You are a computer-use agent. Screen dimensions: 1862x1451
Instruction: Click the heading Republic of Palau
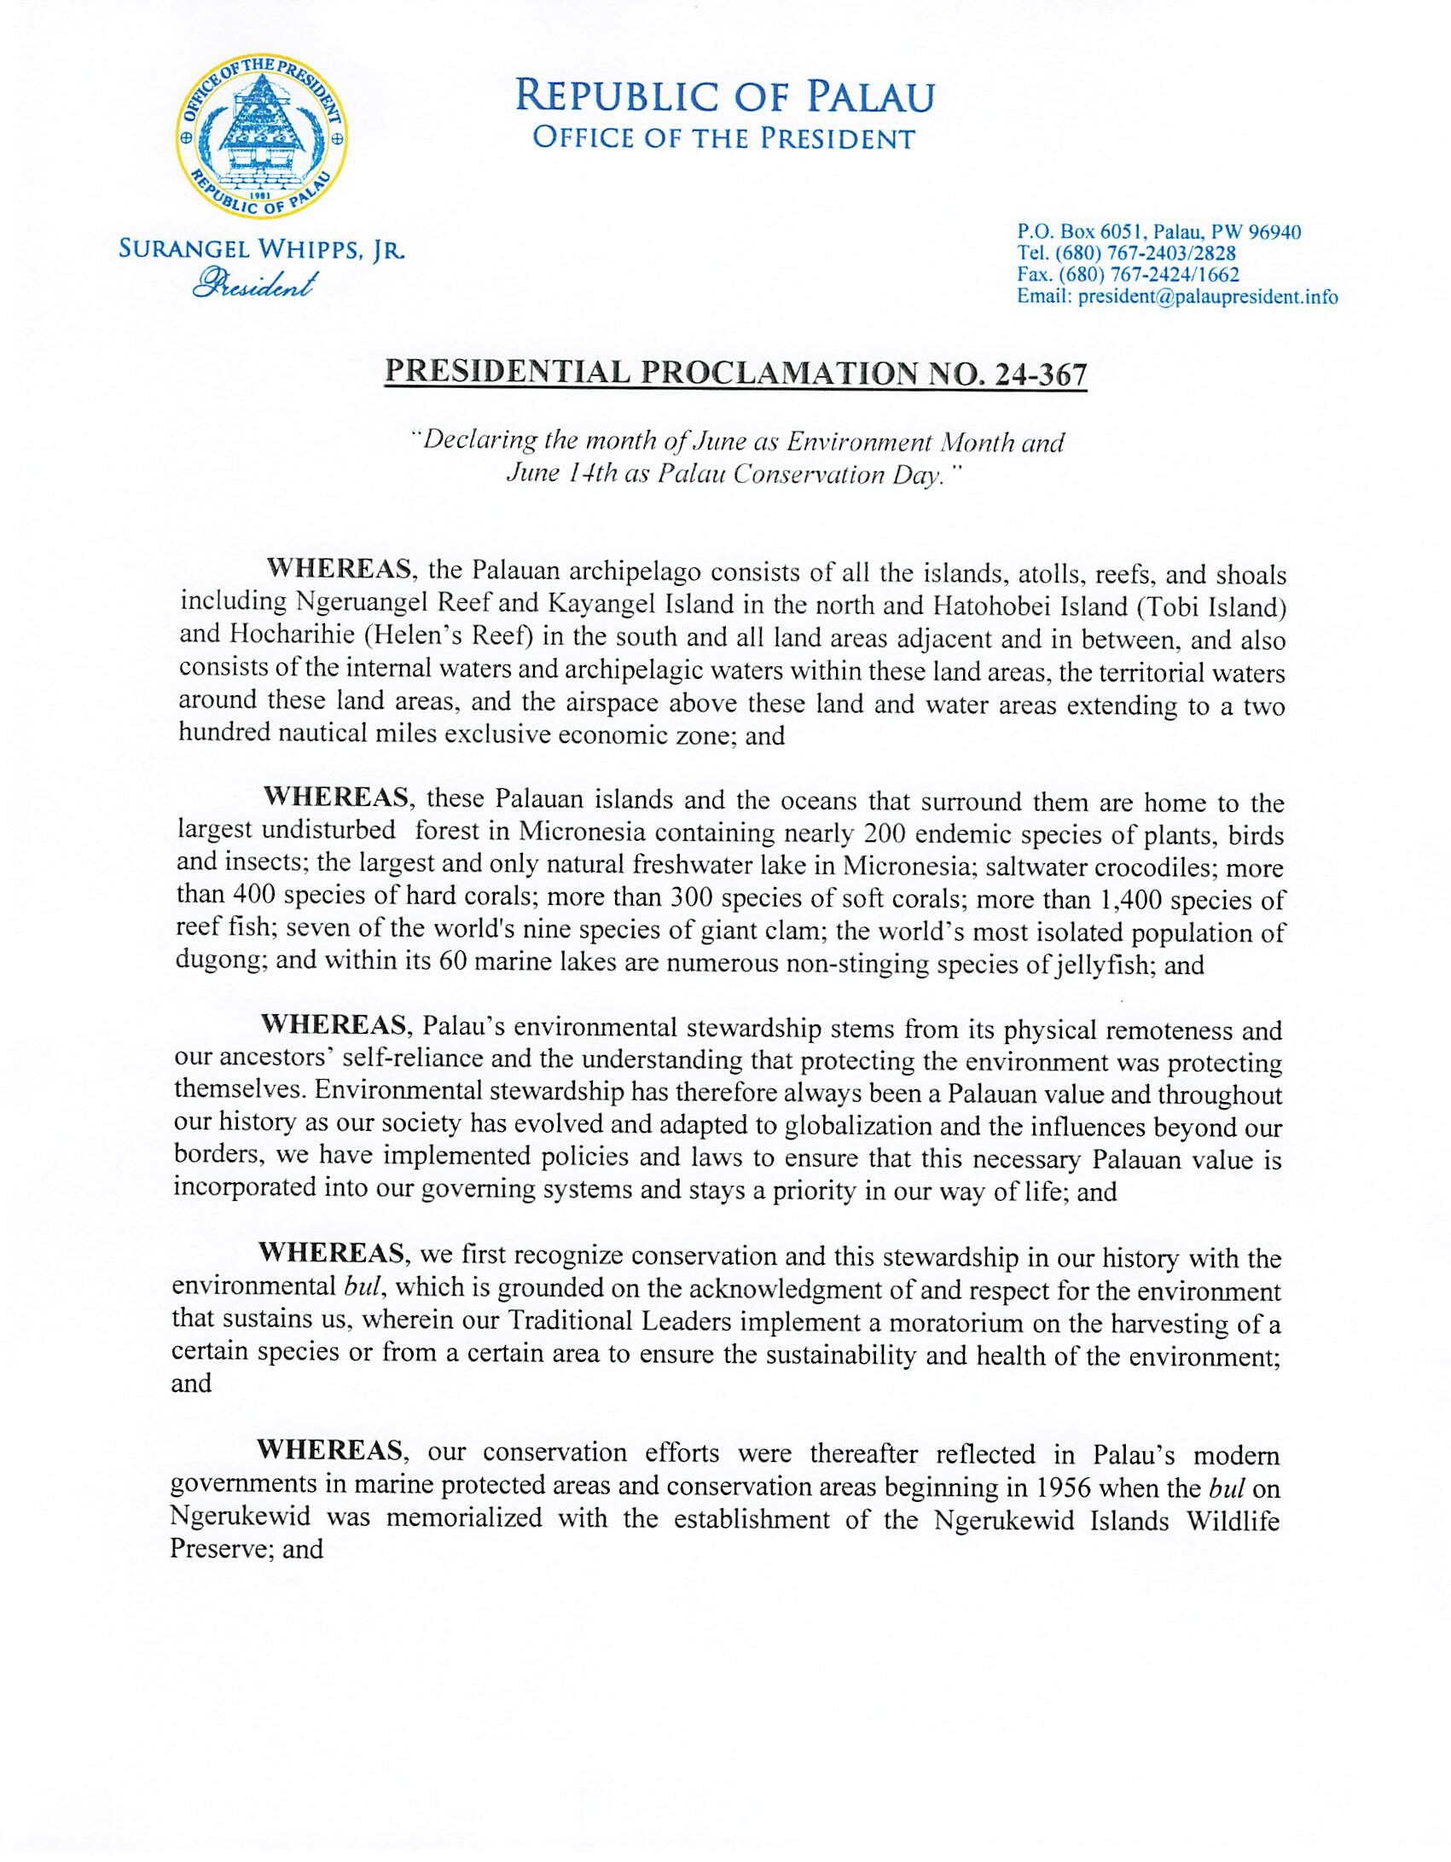pos(724,96)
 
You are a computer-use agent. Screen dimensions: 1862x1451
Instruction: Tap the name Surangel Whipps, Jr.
pos(261,250)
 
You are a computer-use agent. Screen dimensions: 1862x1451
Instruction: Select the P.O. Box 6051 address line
pos(1158,232)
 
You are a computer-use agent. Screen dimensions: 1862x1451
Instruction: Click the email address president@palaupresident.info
pos(1207,298)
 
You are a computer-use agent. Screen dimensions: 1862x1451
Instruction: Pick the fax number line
pos(1128,275)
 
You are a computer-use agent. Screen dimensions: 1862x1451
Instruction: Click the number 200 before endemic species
pos(887,832)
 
